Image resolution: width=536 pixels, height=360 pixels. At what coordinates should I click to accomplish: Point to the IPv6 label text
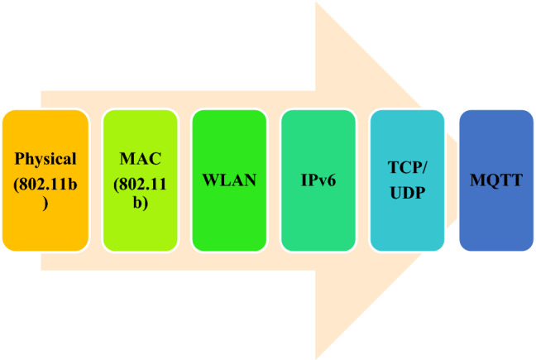tap(318, 180)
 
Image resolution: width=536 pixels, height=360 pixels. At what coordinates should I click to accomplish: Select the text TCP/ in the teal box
tap(407, 168)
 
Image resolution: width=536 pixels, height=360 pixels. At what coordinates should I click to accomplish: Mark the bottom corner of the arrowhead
tap(317, 358)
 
